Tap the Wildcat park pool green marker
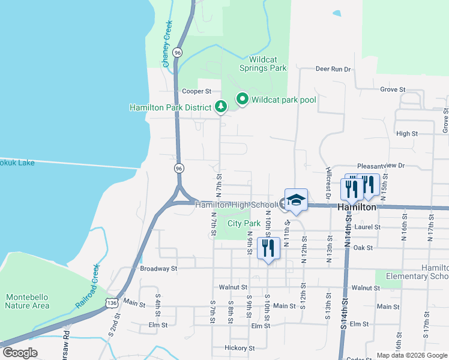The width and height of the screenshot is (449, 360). coord(243,99)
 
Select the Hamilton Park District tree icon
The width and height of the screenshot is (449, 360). coord(221,107)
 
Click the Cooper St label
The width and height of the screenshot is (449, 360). coord(197,92)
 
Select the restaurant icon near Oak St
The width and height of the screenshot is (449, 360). coord(268,247)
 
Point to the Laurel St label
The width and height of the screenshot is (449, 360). coord(367,227)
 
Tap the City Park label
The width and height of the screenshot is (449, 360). coord(244,224)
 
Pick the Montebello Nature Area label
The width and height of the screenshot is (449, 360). coord(27,301)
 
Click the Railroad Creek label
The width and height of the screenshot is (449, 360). coord(86,287)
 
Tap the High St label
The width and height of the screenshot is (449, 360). coord(406,134)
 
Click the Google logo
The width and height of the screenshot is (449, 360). coord(20,352)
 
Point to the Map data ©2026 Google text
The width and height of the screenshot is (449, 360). coord(411,355)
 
